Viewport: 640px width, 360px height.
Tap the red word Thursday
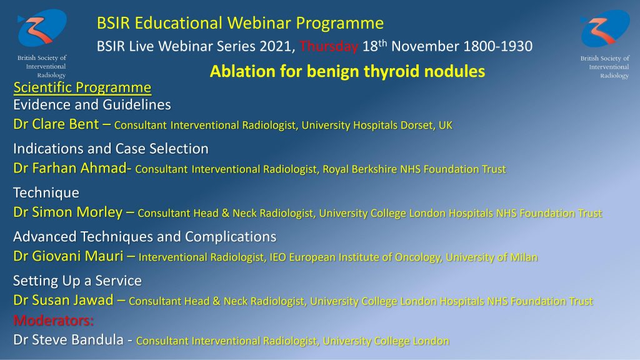tap(329, 46)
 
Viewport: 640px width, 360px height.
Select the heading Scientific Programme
tap(82, 87)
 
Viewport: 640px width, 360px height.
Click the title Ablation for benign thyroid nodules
tap(347, 71)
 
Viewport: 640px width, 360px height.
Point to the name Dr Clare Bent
tap(56, 124)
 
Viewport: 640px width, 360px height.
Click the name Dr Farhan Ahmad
tap(70, 168)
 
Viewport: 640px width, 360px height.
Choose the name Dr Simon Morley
tap(67, 212)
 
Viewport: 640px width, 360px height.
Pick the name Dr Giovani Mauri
tap(68, 256)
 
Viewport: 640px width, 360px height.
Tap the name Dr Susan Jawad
tap(63, 301)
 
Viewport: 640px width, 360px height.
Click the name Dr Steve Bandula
tap(68, 339)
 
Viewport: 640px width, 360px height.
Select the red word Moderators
tap(54, 321)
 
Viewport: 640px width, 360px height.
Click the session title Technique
tap(46, 192)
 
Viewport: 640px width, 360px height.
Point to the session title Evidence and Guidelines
tap(92, 105)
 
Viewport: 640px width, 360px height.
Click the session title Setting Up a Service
tap(77, 281)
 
